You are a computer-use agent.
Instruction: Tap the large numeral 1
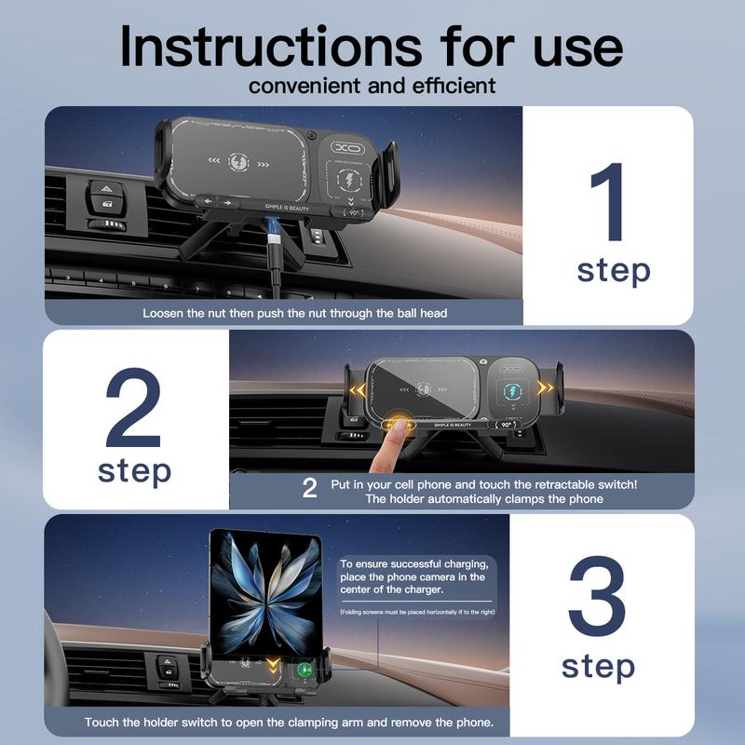point(610,199)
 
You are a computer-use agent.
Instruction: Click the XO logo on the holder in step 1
point(350,146)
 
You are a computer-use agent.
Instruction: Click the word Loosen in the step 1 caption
point(164,313)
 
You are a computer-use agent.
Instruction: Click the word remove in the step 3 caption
point(423,723)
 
